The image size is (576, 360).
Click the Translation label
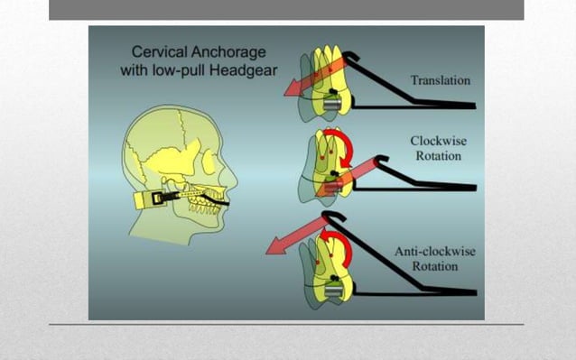click(x=440, y=79)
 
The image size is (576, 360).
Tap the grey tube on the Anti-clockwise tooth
click(x=334, y=291)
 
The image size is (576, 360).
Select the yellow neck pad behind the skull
click(x=144, y=199)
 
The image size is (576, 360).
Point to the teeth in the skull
click(x=216, y=194)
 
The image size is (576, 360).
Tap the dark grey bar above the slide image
click(x=285, y=9)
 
